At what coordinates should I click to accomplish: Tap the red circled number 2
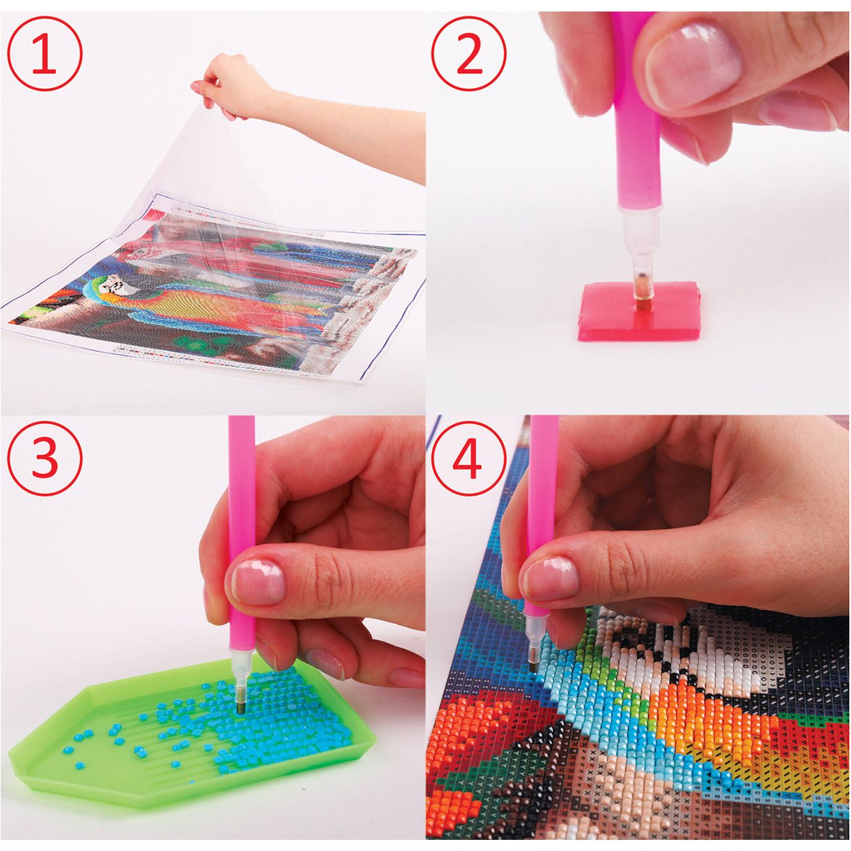(x=469, y=54)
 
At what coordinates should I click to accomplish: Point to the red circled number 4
(x=469, y=458)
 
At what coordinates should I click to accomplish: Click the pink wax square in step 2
(x=639, y=312)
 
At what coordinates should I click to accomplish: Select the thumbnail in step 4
(x=551, y=579)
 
